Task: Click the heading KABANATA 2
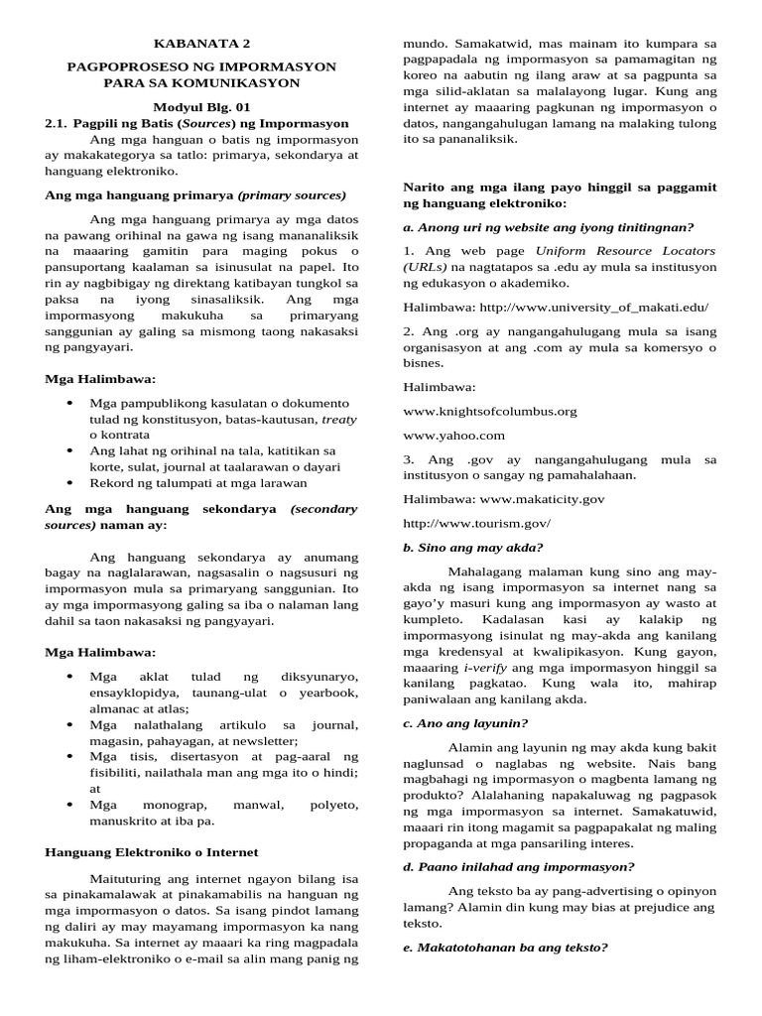201,44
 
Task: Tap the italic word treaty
337,420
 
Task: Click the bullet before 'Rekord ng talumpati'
69,483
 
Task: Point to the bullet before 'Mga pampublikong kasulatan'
69,404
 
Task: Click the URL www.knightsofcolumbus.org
490,410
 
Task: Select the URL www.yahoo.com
453,435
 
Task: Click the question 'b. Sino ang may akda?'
473,547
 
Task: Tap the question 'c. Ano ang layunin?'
465,722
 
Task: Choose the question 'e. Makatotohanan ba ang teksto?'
504,947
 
